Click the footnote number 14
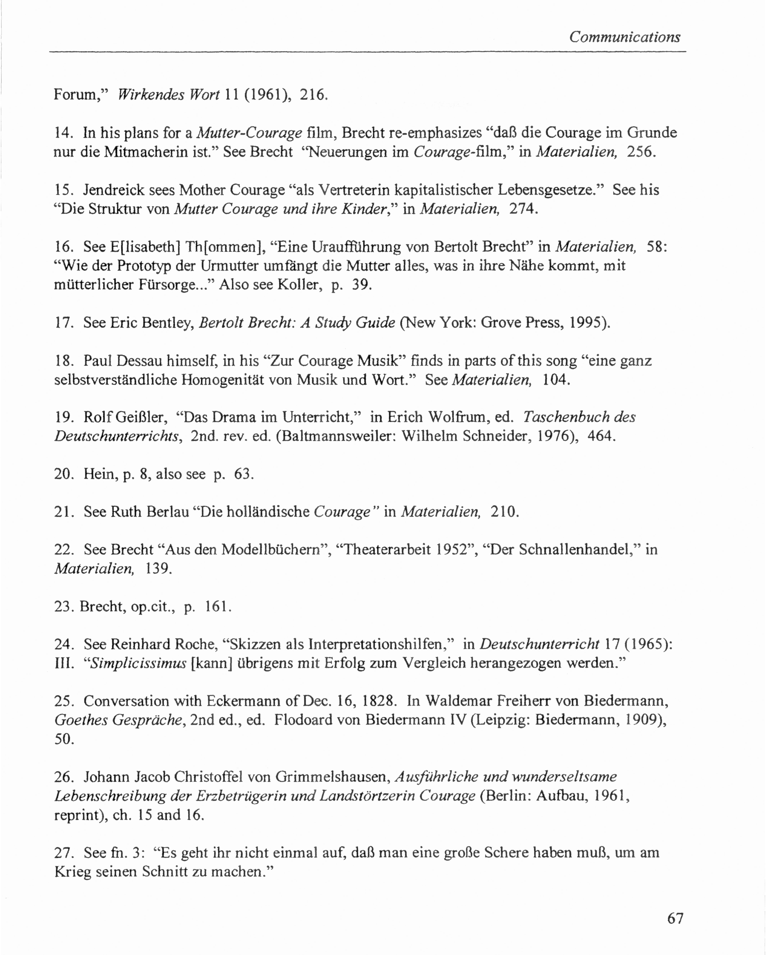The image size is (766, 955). [63, 133]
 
